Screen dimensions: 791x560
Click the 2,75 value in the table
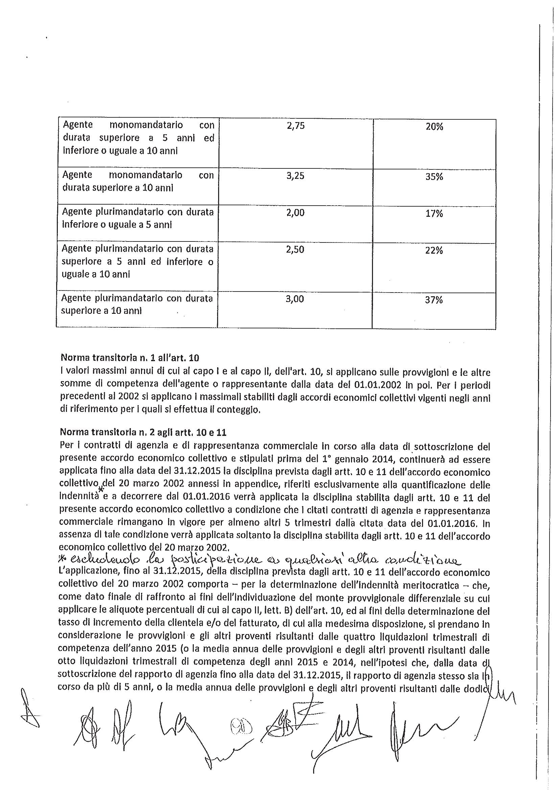click(x=296, y=126)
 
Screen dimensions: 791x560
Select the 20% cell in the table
click(x=434, y=127)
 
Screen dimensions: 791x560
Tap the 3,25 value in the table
click(x=296, y=176)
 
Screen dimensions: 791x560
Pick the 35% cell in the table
click(x=434, y=177)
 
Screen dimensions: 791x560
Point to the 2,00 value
click(x=296, y=213)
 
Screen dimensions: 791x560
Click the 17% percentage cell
click(x=434, y=214)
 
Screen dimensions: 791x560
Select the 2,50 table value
click(x=295, y=249)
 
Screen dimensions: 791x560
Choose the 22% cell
click(x=434, y=250)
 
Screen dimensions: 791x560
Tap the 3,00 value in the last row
click(x=295, y=299)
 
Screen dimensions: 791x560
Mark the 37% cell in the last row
click(x=434, y=300)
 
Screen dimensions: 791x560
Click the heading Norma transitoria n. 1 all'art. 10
click(x=129, y=357)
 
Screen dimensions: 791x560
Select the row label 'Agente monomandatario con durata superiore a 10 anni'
click(x=138, y=181)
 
